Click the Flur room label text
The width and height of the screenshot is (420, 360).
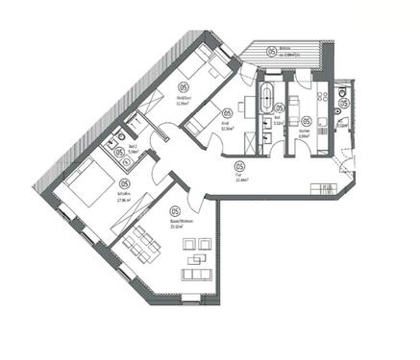point(236,175)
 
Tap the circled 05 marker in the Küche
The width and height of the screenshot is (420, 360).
point(306,122)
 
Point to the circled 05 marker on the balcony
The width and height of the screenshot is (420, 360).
point(271,50)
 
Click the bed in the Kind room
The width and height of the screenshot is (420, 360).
point(203,122)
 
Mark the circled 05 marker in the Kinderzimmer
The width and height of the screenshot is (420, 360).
point(169,84)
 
